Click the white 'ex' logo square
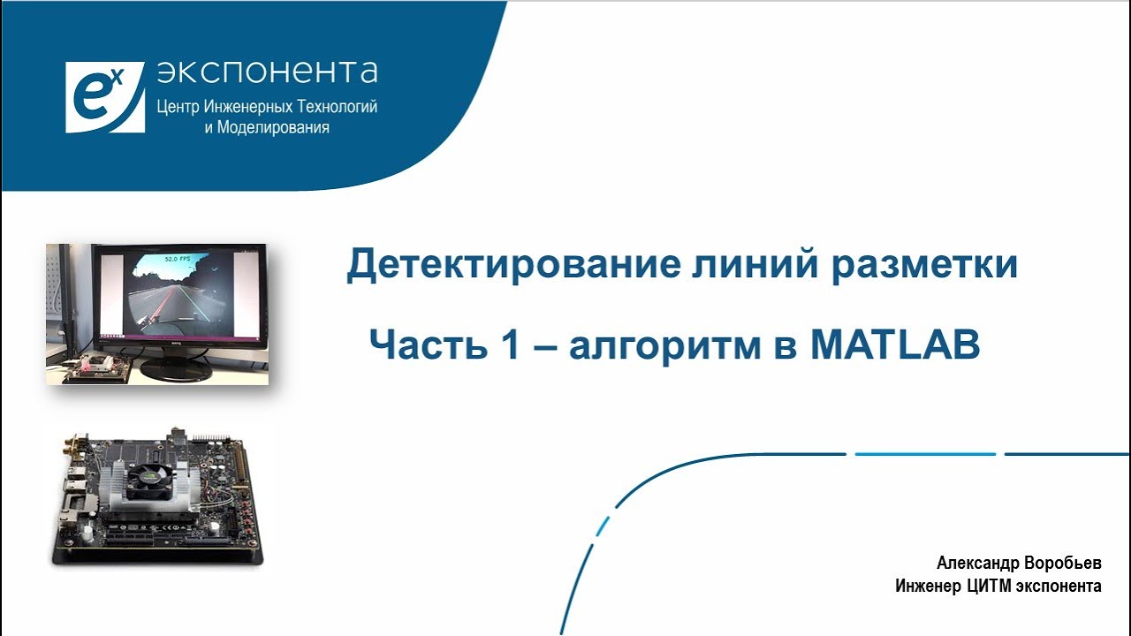click(104, 97)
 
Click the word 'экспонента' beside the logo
click(267, 72)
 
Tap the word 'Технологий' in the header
click(338, 107)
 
